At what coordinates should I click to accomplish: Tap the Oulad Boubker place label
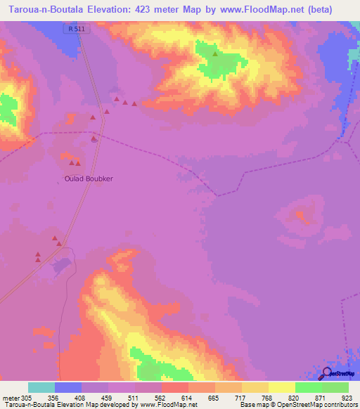pos(89,178)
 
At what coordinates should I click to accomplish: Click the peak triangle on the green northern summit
pos(216,53)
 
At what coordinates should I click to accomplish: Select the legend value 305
pos(27,397)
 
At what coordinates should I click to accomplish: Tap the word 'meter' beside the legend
pos(10,397)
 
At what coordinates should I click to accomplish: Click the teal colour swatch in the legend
pos(41,387)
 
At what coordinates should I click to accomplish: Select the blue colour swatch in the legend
pos(68,387)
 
